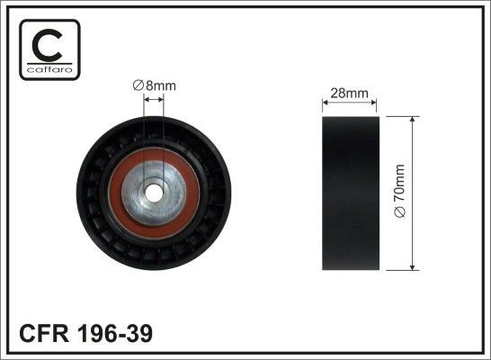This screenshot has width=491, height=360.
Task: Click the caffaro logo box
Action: pos(46,49)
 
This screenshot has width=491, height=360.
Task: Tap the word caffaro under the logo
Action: pos(46,68)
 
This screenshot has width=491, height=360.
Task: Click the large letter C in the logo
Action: pos(46,42)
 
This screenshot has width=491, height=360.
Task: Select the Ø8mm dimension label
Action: pos(154,85)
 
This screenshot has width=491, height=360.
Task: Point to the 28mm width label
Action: pos(350,94)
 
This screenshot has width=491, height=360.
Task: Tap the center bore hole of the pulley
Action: pos(154,193)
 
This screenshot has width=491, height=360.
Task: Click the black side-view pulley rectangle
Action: pos(350,193)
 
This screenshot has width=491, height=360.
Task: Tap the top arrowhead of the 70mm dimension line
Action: pos(412,121)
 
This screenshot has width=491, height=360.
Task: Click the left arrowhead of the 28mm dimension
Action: pos(325,104)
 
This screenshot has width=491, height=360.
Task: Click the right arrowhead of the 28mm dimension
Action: pos(377,104)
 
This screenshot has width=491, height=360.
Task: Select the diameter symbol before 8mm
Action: pos(138,85)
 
